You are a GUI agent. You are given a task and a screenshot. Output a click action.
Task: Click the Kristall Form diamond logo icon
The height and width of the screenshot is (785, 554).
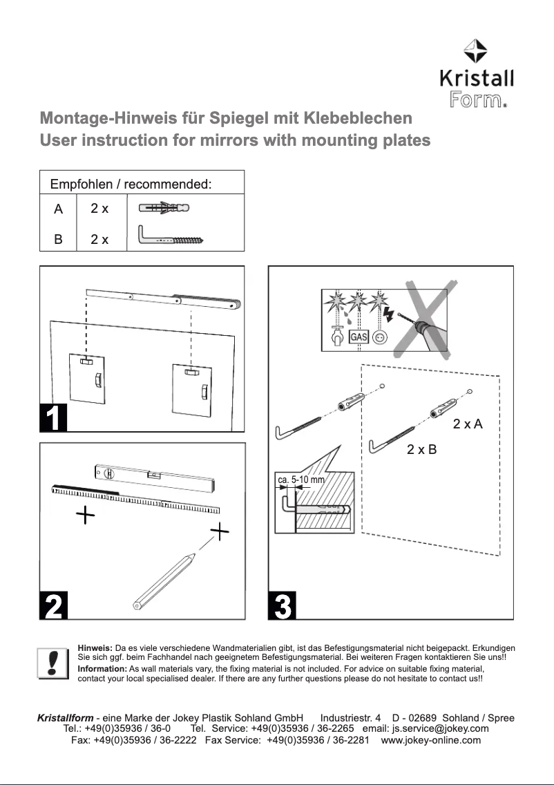[476, 50]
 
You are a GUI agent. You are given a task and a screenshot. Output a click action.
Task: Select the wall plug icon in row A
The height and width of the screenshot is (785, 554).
[164, 208]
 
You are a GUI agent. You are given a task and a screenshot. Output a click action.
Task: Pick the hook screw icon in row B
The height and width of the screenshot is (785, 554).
[173, 238]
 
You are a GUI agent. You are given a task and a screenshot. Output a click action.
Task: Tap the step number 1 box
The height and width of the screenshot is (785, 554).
[53, 418]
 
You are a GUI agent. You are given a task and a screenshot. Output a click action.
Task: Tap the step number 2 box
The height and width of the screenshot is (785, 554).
[53, 605]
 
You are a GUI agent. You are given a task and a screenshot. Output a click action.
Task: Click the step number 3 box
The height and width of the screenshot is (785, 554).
[282, 605]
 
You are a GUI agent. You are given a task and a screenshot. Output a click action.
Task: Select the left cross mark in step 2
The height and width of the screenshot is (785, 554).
[85, 515]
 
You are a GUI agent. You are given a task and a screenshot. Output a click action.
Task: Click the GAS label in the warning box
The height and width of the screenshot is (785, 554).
[358, 337]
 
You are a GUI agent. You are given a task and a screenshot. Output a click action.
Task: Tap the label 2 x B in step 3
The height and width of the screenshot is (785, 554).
[421, 450]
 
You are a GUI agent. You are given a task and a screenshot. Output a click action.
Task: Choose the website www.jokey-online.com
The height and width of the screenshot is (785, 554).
[431, 740]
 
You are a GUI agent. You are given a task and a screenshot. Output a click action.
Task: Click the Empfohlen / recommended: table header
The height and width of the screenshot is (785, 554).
[131, 185]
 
